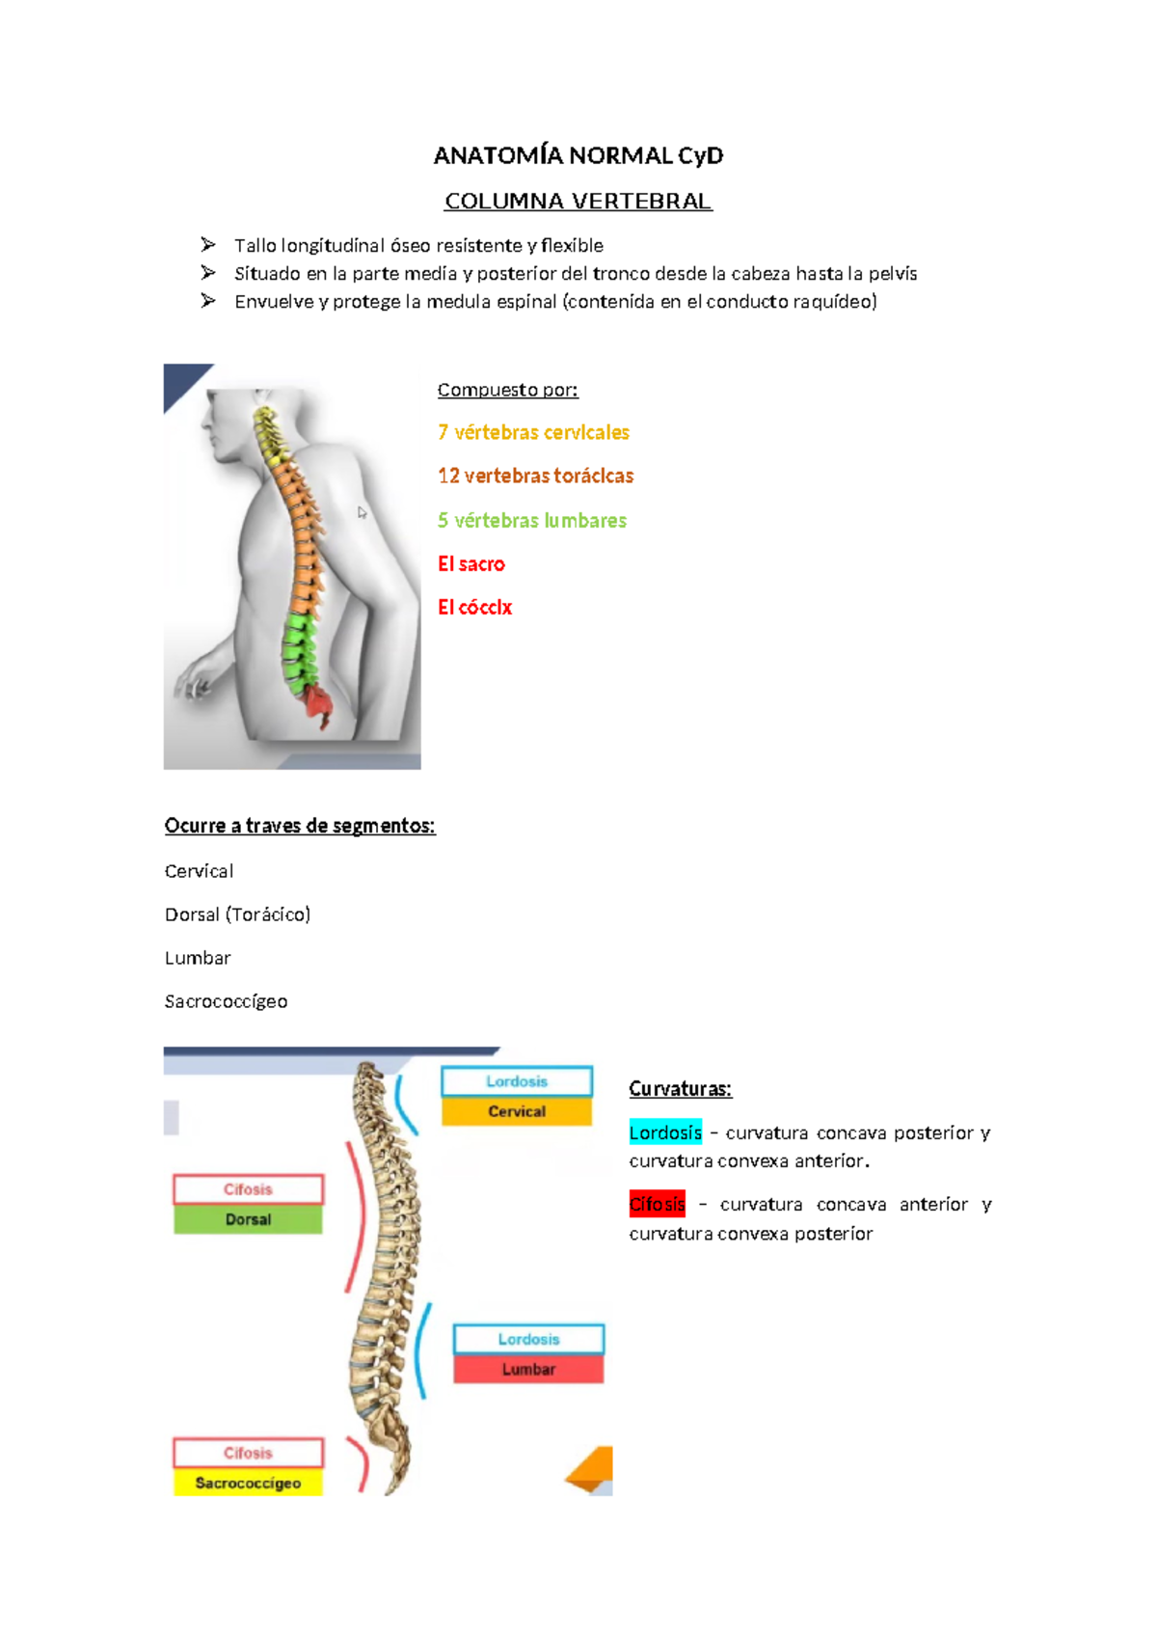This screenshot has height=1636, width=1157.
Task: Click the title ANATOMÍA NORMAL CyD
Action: pos(578,155)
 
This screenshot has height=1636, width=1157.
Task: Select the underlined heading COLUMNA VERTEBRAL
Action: pos(578,202)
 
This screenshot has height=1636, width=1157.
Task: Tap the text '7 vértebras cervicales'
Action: pos(533,432)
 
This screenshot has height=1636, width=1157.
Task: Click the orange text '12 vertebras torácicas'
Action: pos(535,476)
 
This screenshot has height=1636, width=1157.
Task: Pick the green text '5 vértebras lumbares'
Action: pos(532,520)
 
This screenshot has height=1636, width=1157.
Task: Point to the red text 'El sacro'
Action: pos(471,564)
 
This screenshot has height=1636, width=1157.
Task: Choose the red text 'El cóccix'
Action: pos(474,608)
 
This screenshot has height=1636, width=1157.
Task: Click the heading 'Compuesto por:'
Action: pos(507,390)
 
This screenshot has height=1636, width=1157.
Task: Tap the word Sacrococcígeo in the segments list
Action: pos(226,1001)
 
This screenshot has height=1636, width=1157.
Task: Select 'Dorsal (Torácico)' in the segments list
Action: pos(237,914)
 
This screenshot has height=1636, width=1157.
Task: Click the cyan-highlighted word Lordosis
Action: pos(665,1132)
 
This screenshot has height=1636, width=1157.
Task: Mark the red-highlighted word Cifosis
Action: pos(657,1204)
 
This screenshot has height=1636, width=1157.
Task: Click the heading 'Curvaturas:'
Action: pos(680,1089)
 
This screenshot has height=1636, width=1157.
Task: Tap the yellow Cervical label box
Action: pos(517,1111)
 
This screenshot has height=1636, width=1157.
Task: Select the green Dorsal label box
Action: pos(248,1219)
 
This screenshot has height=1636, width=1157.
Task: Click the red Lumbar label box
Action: pos(528,1369)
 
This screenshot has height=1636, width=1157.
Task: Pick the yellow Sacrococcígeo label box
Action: pos(248,1483)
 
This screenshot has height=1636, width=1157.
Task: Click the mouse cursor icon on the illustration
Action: pos(362,513)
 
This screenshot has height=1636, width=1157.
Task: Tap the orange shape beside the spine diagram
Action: pos(593,1468)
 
